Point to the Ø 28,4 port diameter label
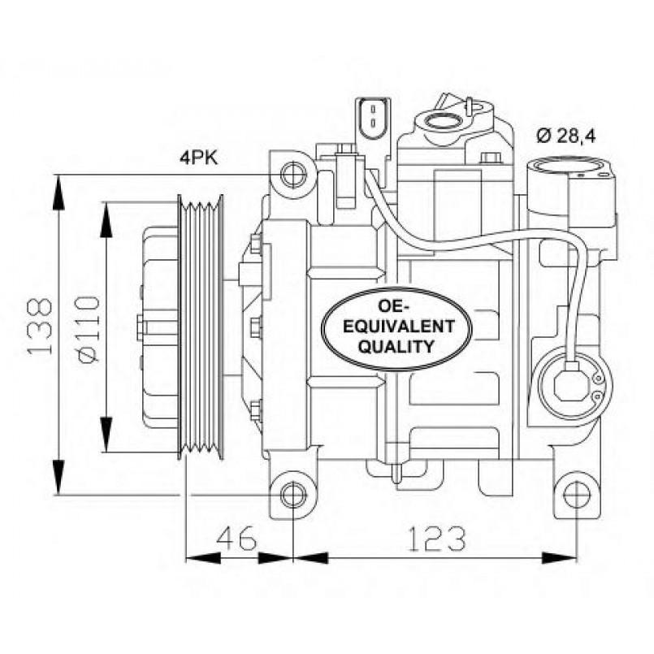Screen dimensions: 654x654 tap(566, 136)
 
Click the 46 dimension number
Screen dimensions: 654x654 tap(236, 537)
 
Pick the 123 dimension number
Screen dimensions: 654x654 tap(435, 537)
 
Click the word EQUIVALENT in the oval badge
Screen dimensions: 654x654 tap(396, 327)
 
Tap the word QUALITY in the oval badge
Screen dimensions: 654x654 tap(396, 347)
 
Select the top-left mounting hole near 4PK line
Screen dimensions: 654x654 tap(293, 174)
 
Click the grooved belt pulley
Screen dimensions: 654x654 tap(201, 327)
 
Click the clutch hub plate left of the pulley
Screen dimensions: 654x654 tap(159, 327)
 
